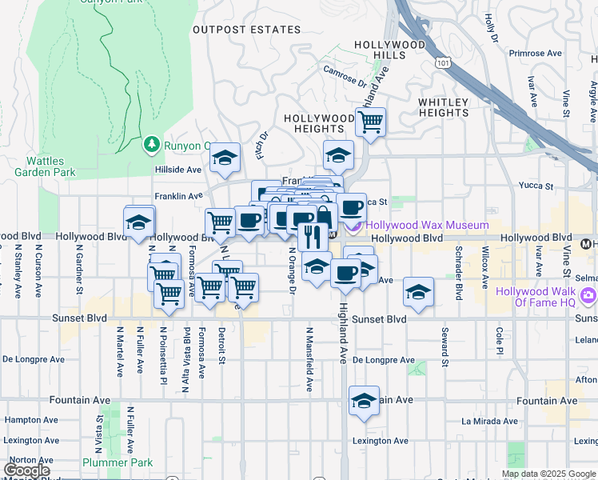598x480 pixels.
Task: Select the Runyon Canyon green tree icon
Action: pyautogui.click(x=151, y=145)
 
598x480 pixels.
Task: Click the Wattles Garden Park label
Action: pyautogui.click(x=44, y=166)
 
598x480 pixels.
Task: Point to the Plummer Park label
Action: pyautogui.click(x=117, y=462)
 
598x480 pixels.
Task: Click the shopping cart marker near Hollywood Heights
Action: pyautogui.click(x=370, y=122)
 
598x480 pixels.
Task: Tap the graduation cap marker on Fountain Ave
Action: pyautogui.click(x=364, y=400)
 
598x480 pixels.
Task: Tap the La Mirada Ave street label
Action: pyautogui.click(x=490, y=421)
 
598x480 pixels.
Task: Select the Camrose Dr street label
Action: pyautogui.click(x=345, y=76)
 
